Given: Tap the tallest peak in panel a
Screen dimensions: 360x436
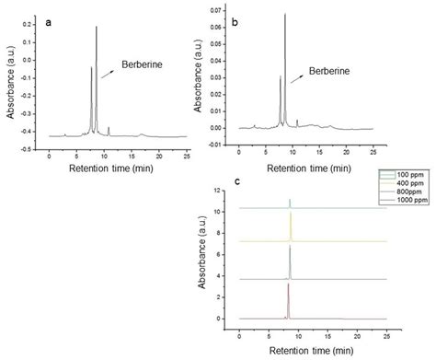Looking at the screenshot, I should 97,29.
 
